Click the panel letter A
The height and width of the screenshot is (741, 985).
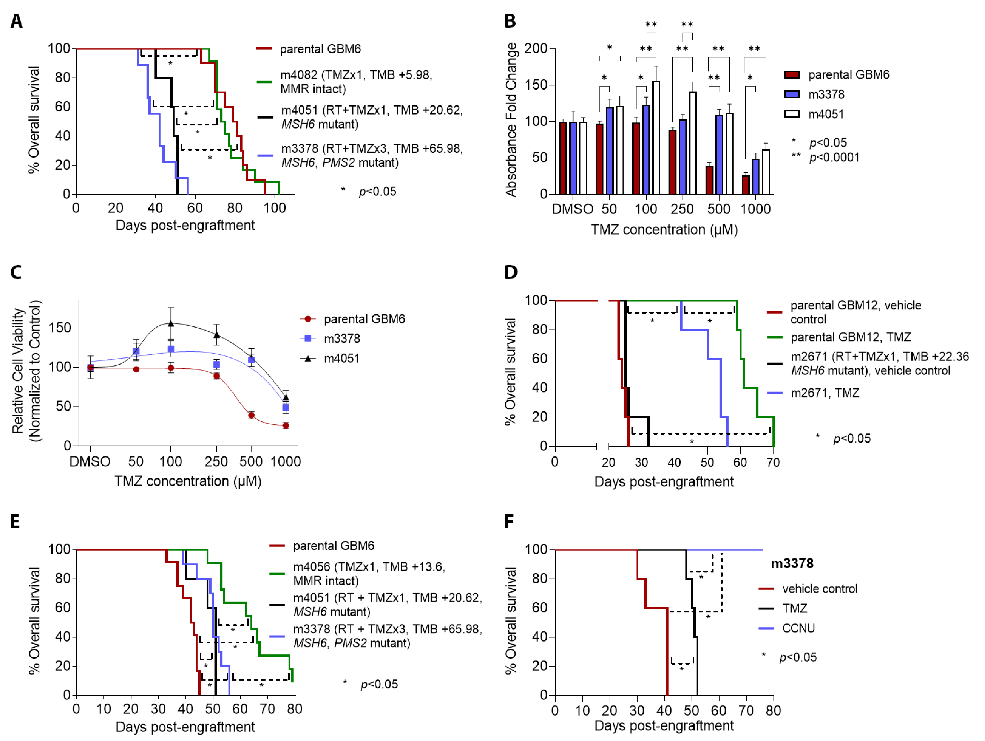pyautogui.click(x=16, y=21)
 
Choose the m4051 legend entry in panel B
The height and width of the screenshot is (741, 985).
pyautogui.click(x=826, y=114)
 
